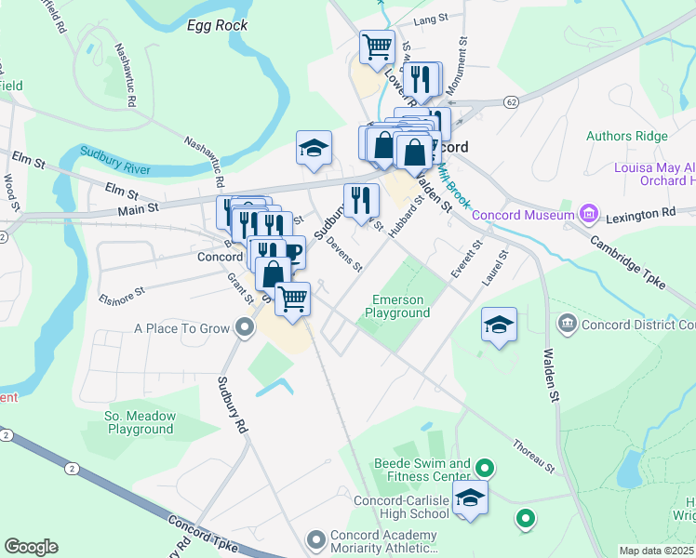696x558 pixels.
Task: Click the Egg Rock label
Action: (217, 25)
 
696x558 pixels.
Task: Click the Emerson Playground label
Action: (397, 307)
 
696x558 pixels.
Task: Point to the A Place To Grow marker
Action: (244, 327)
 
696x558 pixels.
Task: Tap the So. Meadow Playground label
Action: (139, 422)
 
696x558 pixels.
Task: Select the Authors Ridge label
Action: (626, 136)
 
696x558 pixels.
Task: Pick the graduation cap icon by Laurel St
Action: (499, 325)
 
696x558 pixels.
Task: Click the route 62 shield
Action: (511, 100)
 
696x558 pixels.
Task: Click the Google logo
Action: (31, 547)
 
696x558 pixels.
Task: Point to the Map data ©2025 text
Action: (656, 551)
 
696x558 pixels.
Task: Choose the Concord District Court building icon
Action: (567, 324)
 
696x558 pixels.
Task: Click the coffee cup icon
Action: (291, 252)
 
